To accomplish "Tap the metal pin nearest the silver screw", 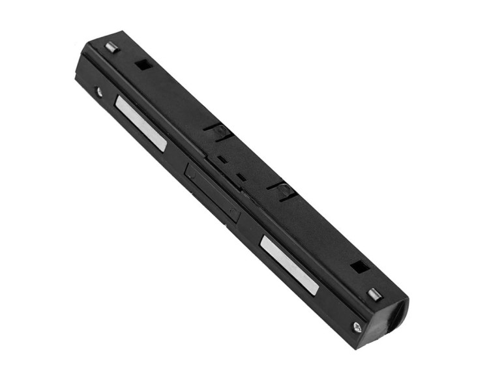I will pos(374,293).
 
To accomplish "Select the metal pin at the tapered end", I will pos(110,48).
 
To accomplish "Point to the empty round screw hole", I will pos(99,92).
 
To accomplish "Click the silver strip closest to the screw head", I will pos(289,263).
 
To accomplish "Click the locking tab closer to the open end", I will pos(282,190).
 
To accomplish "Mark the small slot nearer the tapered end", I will pos(222,158).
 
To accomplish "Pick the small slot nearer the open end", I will pos(241,177).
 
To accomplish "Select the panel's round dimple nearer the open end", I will pos(232,211).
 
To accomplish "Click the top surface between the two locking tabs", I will pos(254,156).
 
